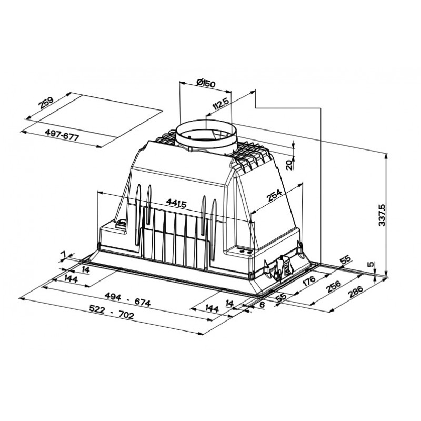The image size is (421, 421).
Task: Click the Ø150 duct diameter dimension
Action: click(x=206, y=83)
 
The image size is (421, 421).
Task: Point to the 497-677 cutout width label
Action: click(x=62, y=135)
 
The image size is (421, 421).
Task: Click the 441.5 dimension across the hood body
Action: click(x=176, y=203)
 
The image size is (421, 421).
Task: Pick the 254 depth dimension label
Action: click(x=274, y=195)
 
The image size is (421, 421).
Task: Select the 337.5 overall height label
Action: click(x=382, y=215)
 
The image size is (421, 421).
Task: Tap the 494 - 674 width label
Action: click(x=127, y=299)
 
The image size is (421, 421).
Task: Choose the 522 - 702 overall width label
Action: click(x=112, y=313)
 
